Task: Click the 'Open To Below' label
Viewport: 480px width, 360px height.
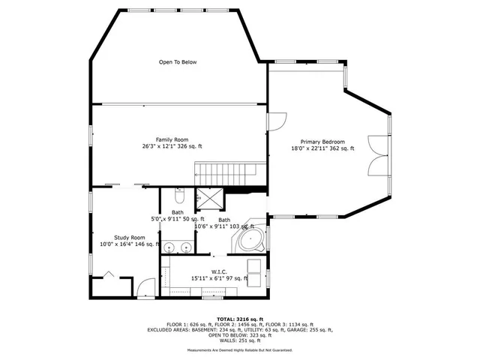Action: [x=177, y=62]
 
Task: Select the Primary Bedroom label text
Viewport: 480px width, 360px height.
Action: [x=322, y=142]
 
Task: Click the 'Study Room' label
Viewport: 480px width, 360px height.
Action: [x=129, y=237]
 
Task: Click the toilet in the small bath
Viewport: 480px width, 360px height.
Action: [x=178, y=197]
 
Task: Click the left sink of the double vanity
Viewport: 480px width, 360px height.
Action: [x=170, y=247]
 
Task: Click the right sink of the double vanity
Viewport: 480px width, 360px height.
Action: [x=185, y=247]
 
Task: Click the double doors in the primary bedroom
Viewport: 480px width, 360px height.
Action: [x=379, y=155]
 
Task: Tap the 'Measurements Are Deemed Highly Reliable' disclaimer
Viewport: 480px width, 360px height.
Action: [x=239, y=349]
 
